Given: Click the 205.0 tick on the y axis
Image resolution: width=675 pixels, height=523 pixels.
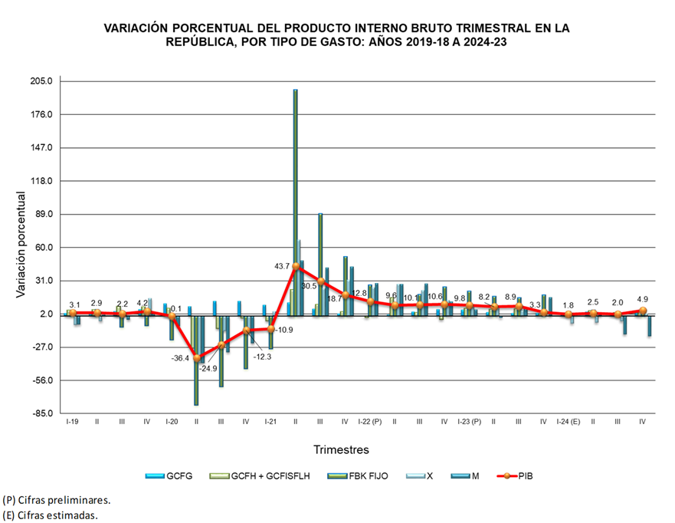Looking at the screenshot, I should click(41, 81).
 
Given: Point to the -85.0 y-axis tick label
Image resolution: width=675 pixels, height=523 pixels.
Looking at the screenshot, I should click(41, 414).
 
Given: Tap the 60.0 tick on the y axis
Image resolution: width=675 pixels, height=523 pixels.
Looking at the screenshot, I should click(43, 248).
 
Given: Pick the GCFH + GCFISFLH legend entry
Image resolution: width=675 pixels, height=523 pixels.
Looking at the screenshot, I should click(258, 476).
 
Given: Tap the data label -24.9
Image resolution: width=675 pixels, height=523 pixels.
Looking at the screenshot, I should click(208, 369).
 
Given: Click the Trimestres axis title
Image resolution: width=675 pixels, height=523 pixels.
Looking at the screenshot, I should click(341, 449).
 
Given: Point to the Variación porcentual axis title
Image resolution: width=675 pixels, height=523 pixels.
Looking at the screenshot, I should click(21, 245).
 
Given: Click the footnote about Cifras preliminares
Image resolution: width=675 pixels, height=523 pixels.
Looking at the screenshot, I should click(57, 499).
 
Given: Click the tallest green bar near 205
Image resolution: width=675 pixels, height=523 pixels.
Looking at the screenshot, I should click(296, 199).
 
